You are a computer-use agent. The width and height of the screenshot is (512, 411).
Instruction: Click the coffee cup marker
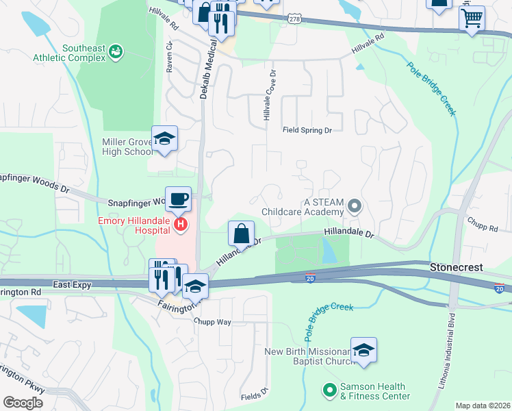pyautogui.click(x=178, y=199)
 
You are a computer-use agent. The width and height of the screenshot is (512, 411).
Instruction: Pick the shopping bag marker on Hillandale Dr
pyautogui.click(x=241, y=234)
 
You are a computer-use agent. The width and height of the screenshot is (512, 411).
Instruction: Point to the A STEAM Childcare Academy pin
pyautogui.click(x=354, y=206)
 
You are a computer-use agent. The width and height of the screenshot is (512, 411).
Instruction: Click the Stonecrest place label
pyautogui.click(x=457, y=266)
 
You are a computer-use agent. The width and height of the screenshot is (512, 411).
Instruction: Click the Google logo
pyautogui.click(x=23, y=402)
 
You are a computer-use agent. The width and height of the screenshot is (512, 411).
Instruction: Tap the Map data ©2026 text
pyautogui.click(x=483, y=406)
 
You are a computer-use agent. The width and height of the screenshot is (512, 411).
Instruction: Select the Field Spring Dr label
pyautogui.click(x=307, y=129)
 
